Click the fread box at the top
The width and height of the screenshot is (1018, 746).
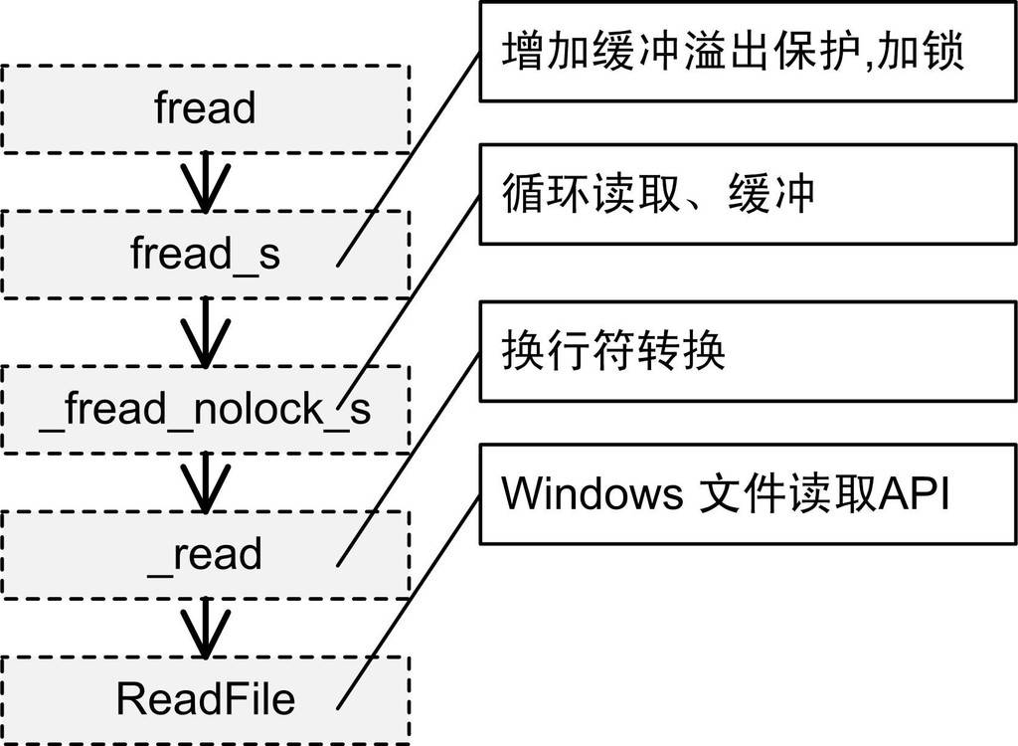click(x=205, y=108)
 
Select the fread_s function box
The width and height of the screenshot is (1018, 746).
click(x=205, y=254)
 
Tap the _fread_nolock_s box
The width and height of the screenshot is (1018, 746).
click(x=205, y=409)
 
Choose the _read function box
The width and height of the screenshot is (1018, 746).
click(x=205, y=554)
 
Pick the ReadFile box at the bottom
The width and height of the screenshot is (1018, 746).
click(x=205, y=699)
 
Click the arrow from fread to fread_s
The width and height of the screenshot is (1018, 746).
click(x=205, y=182)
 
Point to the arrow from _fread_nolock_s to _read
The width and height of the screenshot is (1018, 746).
click(x=205, y=482)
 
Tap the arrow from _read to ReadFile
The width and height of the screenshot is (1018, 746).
click(x=205, y=628)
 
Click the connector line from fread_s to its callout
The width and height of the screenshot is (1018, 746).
click(x=408, y=160)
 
